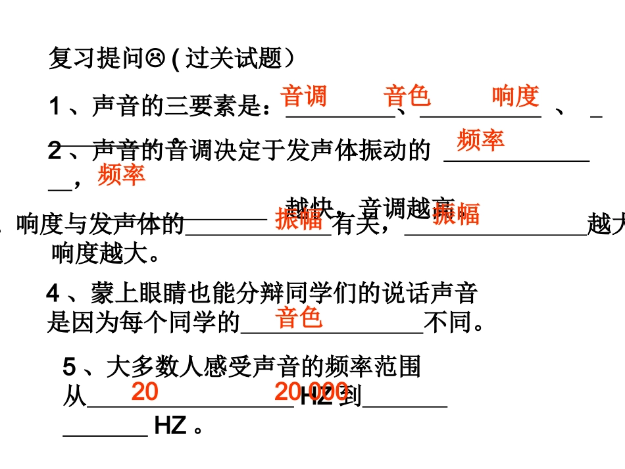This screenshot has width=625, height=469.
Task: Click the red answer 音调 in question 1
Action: (303, 96)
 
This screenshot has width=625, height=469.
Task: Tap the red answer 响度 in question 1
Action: (515, 96)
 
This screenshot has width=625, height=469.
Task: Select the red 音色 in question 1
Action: (407, 96)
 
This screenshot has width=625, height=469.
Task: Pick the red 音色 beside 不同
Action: (299, 318)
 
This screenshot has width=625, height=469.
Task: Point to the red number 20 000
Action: (311, 392)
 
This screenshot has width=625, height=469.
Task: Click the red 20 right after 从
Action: (145, 392)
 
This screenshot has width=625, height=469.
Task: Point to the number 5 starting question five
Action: (69, 366)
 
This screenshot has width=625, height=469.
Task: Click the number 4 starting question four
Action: (53, 293)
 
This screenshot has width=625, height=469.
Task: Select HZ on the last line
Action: (170, 426)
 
